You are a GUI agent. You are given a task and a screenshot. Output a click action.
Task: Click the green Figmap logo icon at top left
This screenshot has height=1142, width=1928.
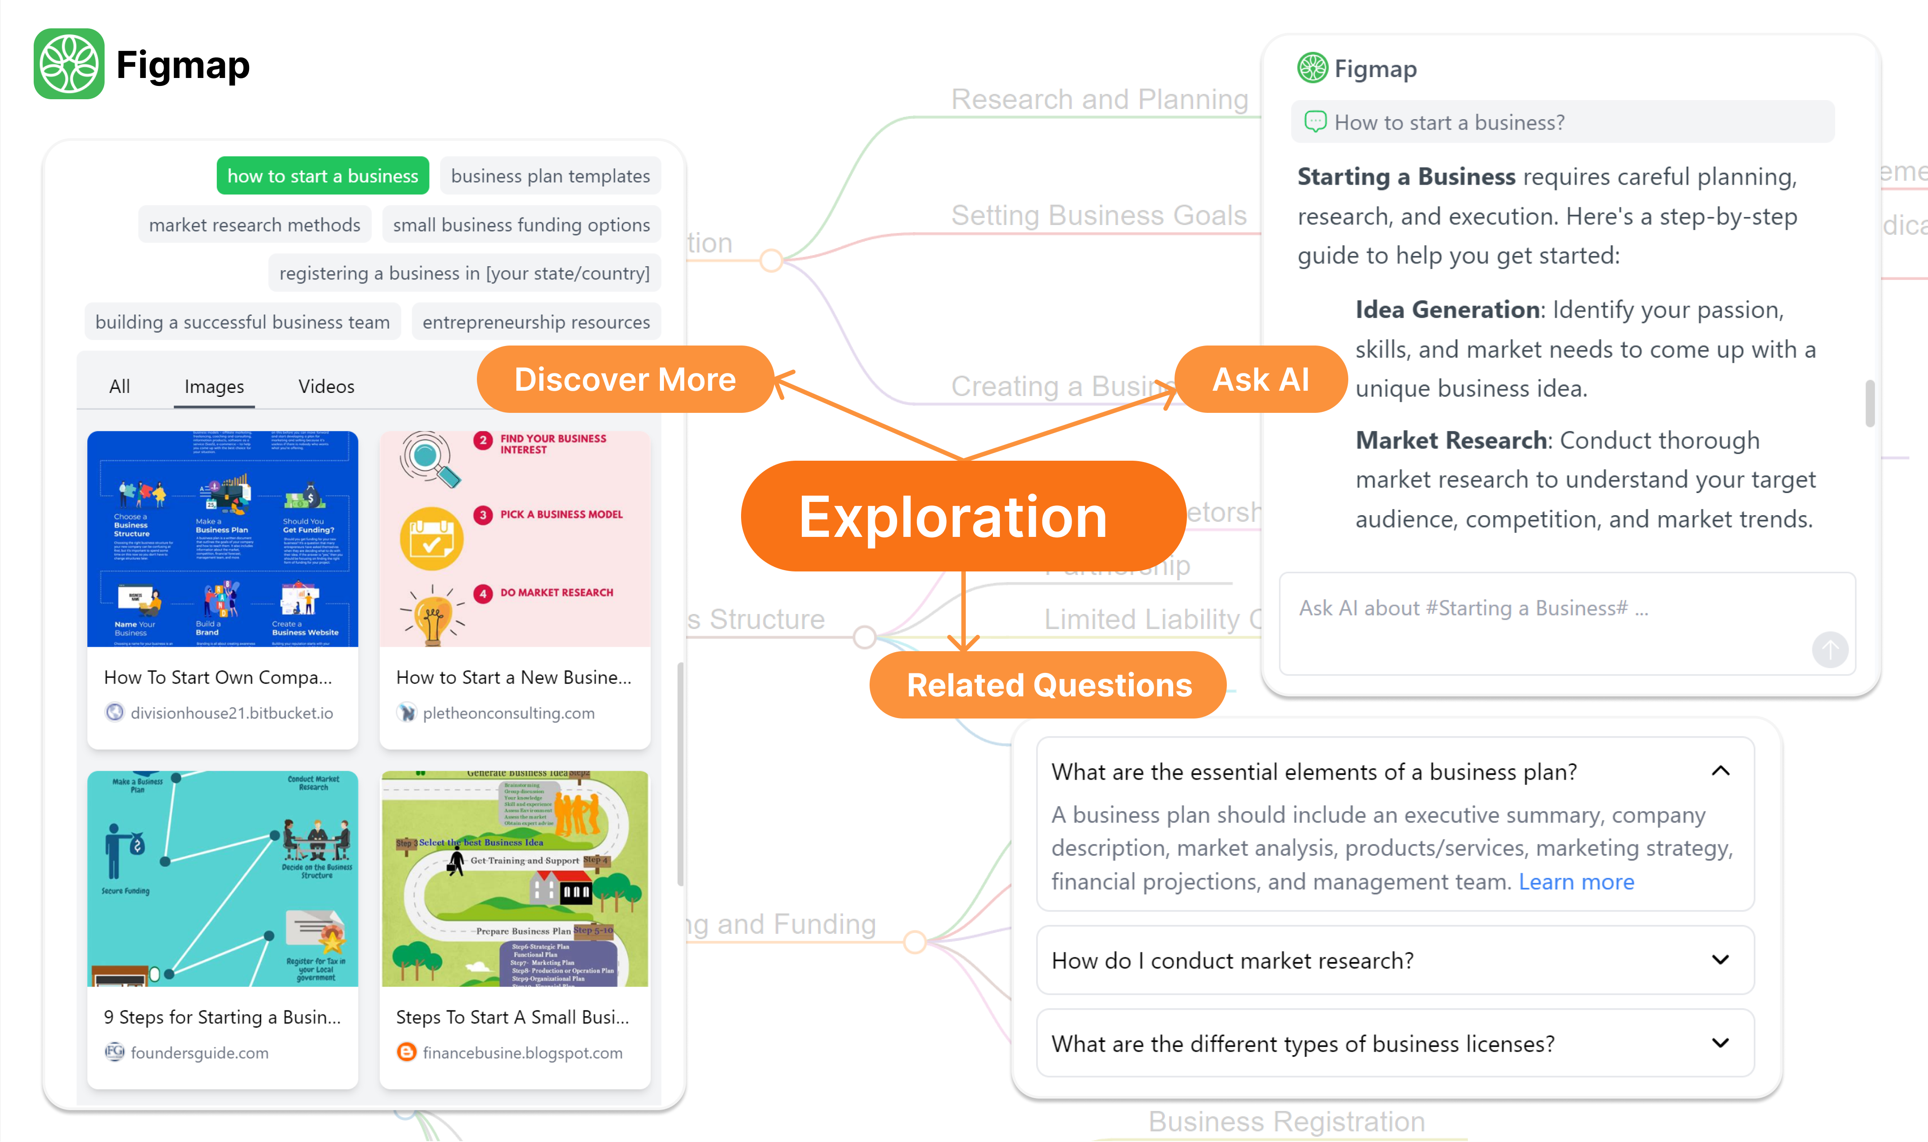69,64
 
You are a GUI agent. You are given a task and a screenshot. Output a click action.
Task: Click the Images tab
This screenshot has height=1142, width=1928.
214,386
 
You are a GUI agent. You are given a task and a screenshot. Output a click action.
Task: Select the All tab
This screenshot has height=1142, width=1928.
119,386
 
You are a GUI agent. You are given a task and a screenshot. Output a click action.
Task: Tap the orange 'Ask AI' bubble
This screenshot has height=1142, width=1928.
1261,379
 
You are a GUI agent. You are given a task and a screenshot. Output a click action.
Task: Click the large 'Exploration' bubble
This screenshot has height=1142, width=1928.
953,517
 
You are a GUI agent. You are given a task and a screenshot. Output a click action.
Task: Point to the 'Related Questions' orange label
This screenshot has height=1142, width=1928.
1049,685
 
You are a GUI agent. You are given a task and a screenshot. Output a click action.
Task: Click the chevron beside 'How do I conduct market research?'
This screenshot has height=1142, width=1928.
1720,959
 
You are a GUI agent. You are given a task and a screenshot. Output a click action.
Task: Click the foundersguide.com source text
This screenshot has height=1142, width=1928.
199,1053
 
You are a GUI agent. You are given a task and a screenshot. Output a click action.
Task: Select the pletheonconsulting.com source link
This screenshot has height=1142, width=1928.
508,713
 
